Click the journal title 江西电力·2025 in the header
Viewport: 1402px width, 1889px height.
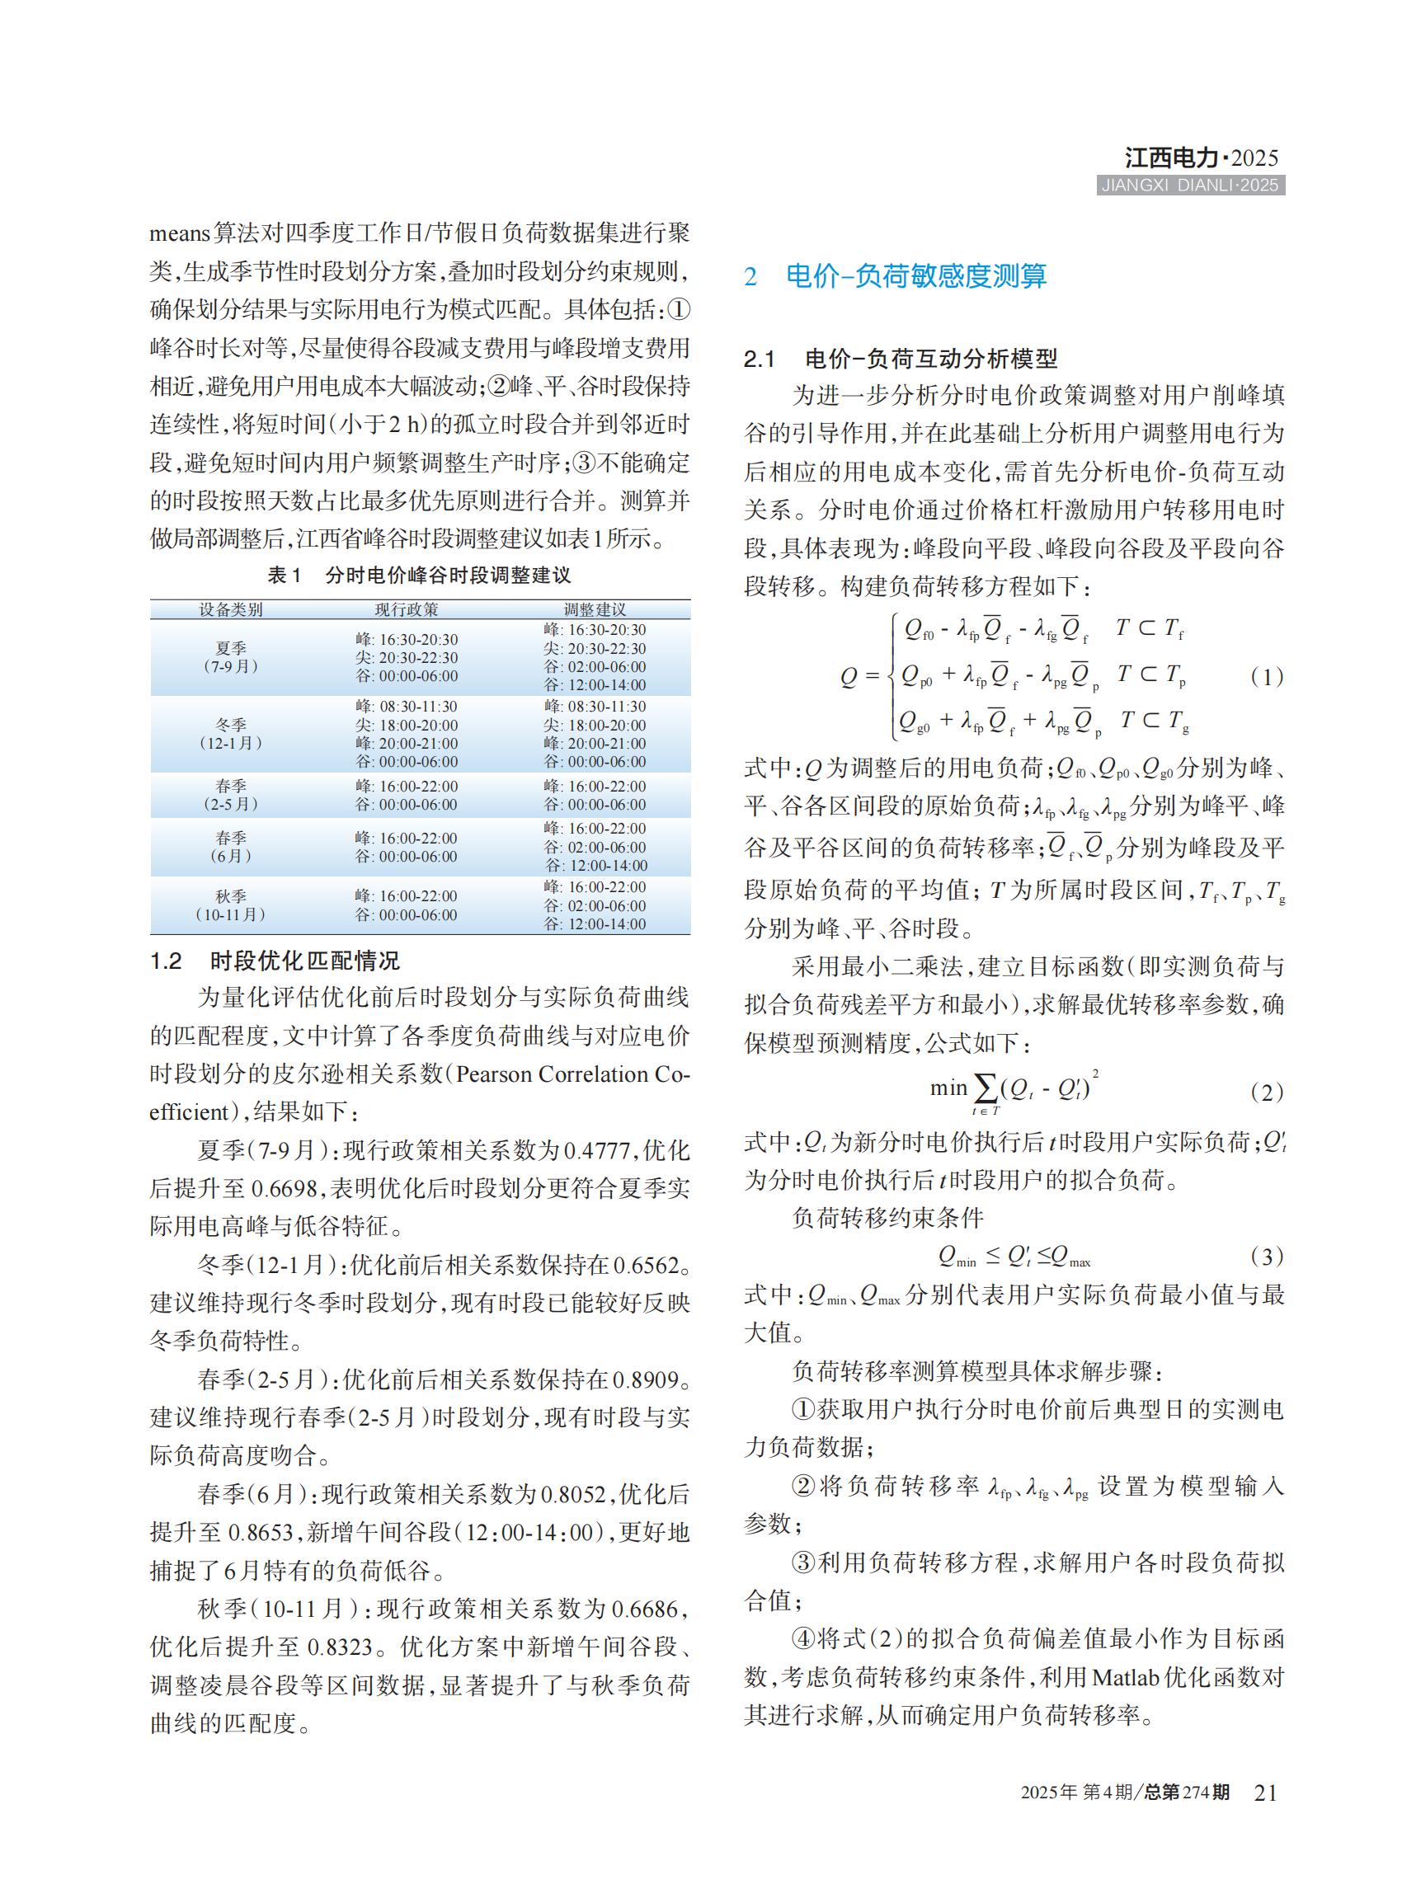click(1200, 157)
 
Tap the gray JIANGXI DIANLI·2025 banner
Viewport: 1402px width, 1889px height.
click(1190, 186)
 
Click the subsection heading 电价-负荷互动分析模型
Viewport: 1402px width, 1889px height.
click(930, 359)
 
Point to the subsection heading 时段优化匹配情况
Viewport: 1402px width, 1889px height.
click(303, 961)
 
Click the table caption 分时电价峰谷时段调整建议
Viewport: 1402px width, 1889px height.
click(447, 576)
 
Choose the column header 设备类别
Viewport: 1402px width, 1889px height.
click(231, 609)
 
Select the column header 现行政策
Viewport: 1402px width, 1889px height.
click(407, 609)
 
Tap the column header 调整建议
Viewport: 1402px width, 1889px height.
click(595, 609)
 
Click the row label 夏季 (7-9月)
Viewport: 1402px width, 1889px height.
click(231, 658)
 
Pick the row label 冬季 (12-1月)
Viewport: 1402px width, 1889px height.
click(231, 734)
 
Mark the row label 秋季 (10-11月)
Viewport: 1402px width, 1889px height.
click(231, 905)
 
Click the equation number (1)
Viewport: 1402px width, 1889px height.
click(1266, 676)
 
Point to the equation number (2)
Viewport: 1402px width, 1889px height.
click(1266, 1093)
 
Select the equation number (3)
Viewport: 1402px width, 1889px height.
click(1266, 1256)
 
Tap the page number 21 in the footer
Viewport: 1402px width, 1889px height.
click(1264, 1793)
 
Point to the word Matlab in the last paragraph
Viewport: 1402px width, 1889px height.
click(1124, 1678)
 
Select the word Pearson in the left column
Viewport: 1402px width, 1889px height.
click(493, 1074)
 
